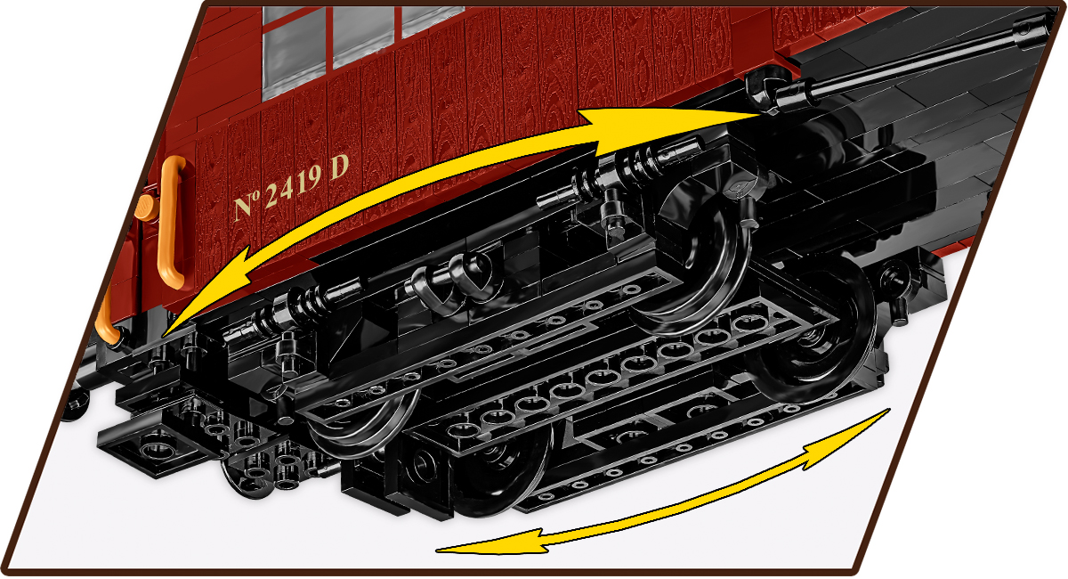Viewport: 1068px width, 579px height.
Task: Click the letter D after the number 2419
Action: click(x=339, y=167)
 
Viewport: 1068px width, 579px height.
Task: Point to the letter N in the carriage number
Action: click(x=244, y=207)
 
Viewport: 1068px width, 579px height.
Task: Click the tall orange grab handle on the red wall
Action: click(x=172, y=223)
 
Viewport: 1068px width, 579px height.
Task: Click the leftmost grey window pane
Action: click(x=295, y=52)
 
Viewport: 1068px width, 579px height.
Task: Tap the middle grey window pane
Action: click(x=363, y=35)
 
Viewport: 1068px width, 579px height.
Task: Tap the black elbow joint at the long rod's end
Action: click(x=766, y=89)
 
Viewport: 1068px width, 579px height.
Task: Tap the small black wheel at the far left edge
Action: click(x=76, y=404)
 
